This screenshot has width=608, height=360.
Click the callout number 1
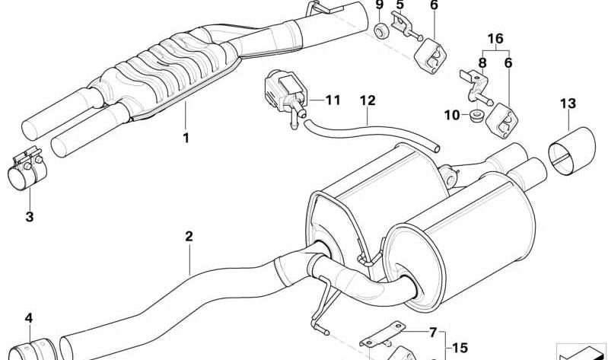[x=186, y=138]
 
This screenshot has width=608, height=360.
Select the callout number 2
[x=189, y=236]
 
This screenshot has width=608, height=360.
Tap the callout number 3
[x=30, y=217]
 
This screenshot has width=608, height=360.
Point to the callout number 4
[x=29, y=318]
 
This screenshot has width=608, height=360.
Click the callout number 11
[x=333, y=100]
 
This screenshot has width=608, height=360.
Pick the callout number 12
[x=368, y=100]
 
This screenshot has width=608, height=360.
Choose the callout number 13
[x=568, y=104]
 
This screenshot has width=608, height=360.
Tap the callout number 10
[x=452, y=115]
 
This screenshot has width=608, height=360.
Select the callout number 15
[x=460, y=348]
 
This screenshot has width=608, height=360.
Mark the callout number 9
[x=379, y=5]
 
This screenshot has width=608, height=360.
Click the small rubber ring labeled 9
[x=381, y=30]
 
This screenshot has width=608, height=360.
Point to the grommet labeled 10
[x=476, y=116]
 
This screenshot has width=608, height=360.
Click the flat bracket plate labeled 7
[x=382, y=334]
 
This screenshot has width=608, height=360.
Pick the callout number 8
[x=482, y=62]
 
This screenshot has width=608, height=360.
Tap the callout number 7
[x=433, y=333]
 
